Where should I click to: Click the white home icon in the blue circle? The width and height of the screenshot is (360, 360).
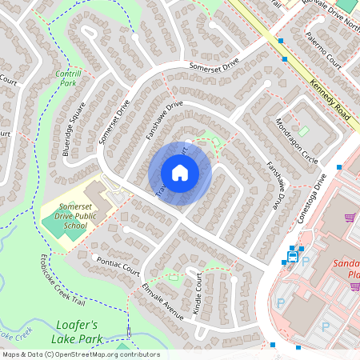point(180,173)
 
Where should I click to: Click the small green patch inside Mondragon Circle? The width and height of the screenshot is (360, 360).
point(304,130)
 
